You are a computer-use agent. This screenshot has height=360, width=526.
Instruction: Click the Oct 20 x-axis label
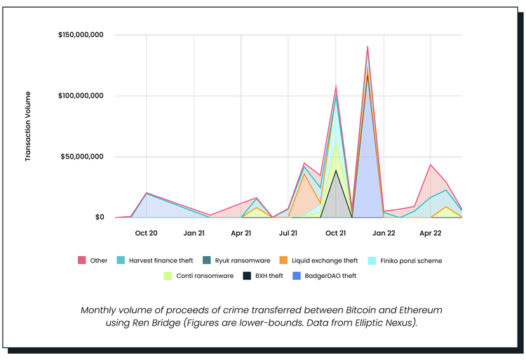(146, 232)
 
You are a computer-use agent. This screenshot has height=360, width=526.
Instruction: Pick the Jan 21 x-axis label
(194, 232)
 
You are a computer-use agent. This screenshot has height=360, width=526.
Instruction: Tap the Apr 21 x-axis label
(241, 232)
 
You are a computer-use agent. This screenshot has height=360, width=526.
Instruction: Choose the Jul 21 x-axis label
(288, 232)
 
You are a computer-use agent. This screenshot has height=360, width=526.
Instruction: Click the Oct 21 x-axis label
(336, 232)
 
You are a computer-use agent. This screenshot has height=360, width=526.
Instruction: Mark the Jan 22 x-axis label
(384, 232)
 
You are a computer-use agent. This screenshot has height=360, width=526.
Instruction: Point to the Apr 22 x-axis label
(431, 232)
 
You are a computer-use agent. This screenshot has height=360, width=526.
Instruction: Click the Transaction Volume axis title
(28, 126)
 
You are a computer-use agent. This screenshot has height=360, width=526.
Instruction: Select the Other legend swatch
(81, 260)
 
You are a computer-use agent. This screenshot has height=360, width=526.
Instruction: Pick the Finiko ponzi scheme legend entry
(410, 260)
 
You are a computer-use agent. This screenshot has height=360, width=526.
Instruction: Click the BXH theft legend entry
(263, 276)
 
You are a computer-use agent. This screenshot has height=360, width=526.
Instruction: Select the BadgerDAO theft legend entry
(325, 276)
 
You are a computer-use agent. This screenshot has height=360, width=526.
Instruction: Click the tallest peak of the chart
(367, 47)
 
